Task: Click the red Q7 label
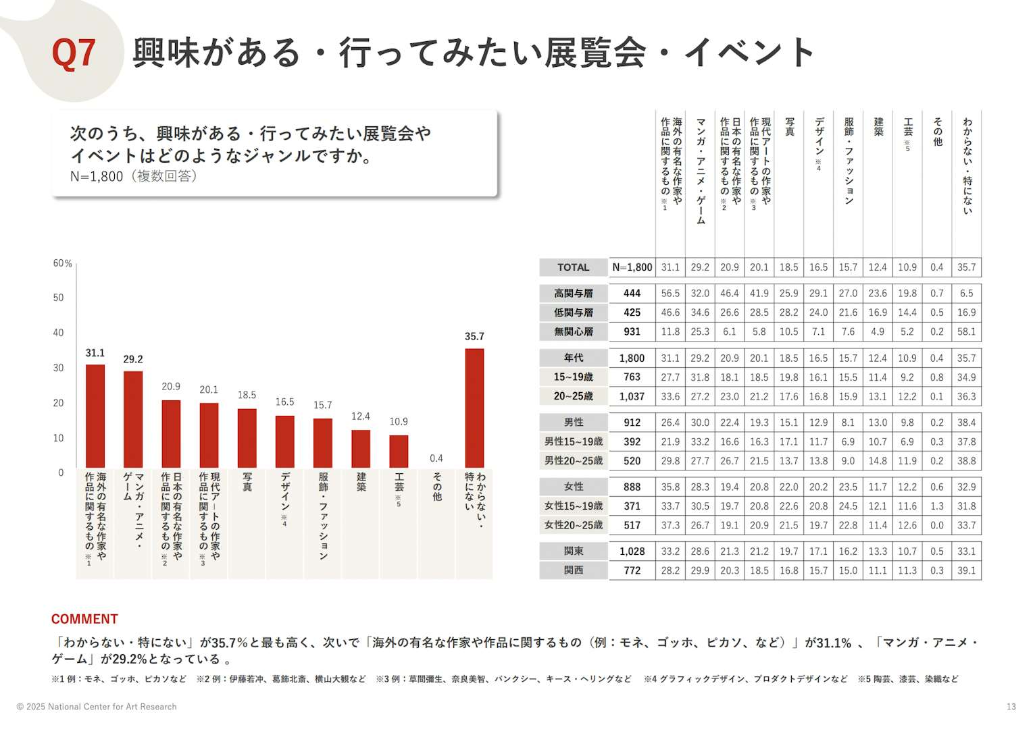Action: [74, 53]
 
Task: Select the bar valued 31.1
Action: [95, 416]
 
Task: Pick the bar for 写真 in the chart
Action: [247, 438]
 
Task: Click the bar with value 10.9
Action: [399, 452]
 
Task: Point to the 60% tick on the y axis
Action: [62, 263]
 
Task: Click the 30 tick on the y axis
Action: [59, 368]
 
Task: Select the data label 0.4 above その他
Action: [436, 458]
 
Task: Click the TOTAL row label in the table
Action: [573, 267]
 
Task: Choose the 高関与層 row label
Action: [573, 293]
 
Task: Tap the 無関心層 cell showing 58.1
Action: [966, 331]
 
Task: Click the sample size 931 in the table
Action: [632, 331]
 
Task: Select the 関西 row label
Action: [573, 570]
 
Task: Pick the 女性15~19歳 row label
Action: [573, 506]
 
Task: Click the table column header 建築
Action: [878, 126]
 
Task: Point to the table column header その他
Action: [937, 132]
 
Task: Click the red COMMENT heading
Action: [84, 619]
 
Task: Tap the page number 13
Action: [1011, 707]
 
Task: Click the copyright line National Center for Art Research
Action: [97, 707]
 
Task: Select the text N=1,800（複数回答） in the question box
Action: [133, 176]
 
